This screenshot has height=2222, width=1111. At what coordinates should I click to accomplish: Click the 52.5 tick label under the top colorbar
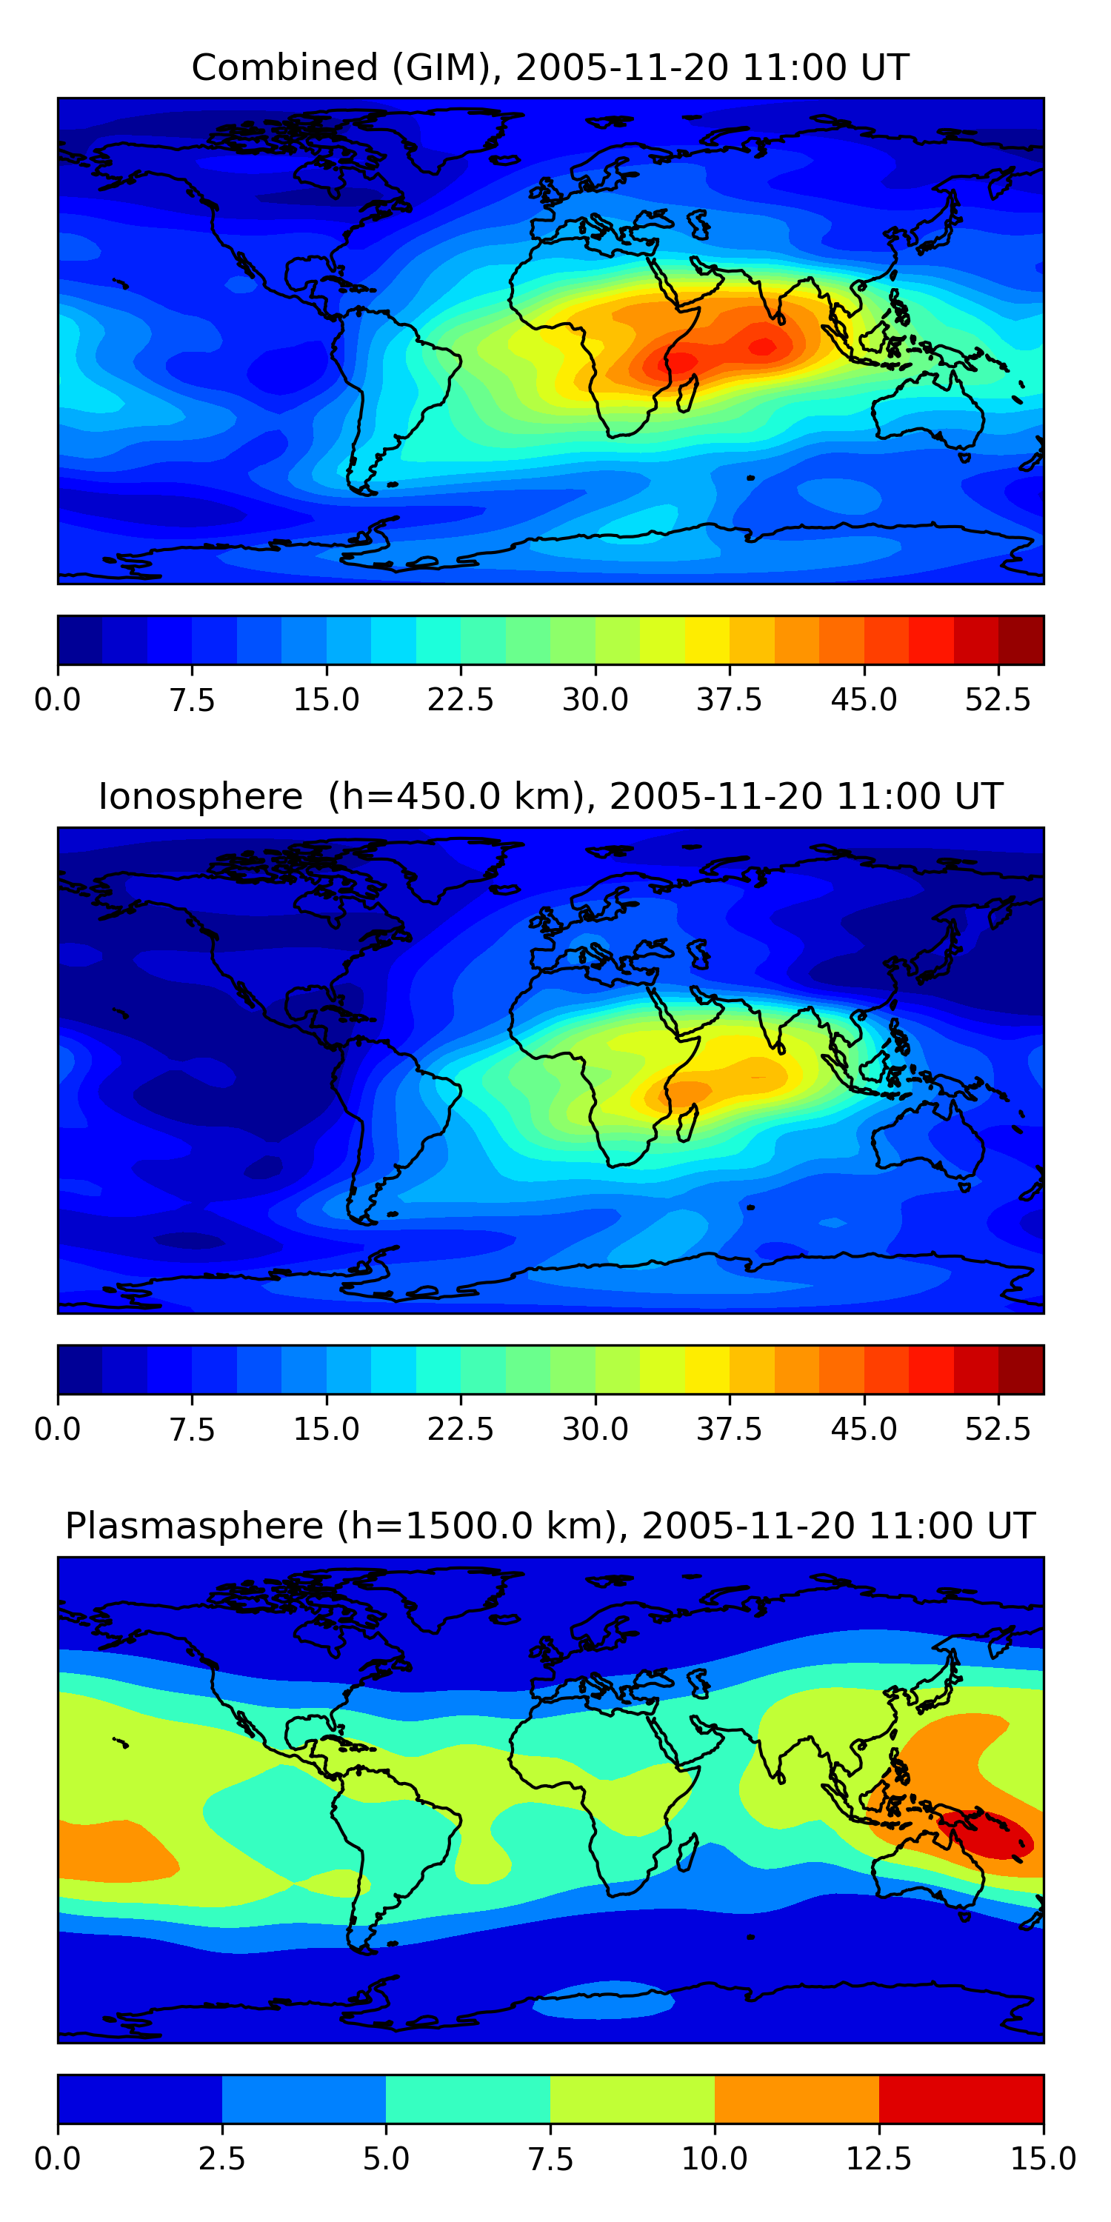997,699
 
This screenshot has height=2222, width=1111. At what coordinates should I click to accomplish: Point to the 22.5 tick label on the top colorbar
461,699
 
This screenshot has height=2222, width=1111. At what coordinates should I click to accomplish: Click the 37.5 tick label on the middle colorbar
729,1429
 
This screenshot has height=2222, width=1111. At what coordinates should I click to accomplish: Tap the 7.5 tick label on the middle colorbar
192,1429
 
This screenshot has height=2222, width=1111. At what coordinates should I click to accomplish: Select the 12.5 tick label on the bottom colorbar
879,2158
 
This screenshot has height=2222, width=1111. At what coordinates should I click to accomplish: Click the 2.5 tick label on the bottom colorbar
221,2158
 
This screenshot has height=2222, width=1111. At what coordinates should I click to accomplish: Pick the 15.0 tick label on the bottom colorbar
1043,2158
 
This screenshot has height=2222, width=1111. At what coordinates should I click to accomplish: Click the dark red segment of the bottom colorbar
961,2098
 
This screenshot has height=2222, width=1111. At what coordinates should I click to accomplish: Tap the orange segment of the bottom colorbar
796,2098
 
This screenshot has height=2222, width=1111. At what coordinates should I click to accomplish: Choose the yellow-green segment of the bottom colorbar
633,2098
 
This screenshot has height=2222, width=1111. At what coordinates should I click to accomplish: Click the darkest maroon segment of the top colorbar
1021,640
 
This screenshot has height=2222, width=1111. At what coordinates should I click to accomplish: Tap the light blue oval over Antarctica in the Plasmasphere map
604,2000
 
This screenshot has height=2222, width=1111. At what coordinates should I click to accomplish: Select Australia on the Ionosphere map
927,1138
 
